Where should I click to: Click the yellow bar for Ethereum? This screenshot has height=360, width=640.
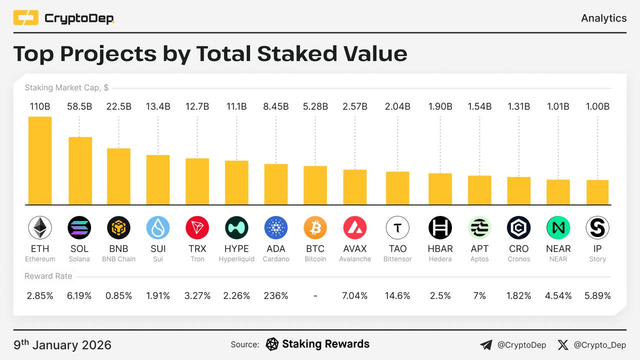click(x=40, y=160)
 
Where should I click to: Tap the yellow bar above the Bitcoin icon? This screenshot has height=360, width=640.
click(x=315, y=185)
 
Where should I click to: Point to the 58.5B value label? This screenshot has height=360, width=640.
click(x=79, y=106)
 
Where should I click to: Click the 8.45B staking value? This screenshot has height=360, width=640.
click(x=276, y=106)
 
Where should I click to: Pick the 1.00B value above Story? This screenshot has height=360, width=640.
click(x=597, y=106)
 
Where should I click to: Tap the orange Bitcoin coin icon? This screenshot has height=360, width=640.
click(x=315, y=228)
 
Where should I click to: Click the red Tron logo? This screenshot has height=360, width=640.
click(x=197, y=228)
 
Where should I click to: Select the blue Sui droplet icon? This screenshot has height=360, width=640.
click(x=158, y=228)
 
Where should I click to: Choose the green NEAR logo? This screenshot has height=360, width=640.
click(x=558, y=228)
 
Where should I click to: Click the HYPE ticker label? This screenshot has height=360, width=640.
click(x=236, y=248)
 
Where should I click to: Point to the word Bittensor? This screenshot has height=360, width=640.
click(x=397, y=259)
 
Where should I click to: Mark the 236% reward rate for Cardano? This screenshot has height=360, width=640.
click(x=276, y=296)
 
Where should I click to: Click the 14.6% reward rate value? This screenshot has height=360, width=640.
click(x=397, y=296)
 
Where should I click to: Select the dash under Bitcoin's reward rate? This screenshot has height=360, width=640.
click(x=315, y=296)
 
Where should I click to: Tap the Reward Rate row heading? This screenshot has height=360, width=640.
click(x=48, y=276)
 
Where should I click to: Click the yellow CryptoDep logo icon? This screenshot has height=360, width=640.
click(x=26, y=18)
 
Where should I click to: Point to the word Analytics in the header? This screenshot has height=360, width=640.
click(x=603, y=18)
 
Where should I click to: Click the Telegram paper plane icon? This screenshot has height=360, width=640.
click(x=485, y=345)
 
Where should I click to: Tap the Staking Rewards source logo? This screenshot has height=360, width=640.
click(x=272, y=344)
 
